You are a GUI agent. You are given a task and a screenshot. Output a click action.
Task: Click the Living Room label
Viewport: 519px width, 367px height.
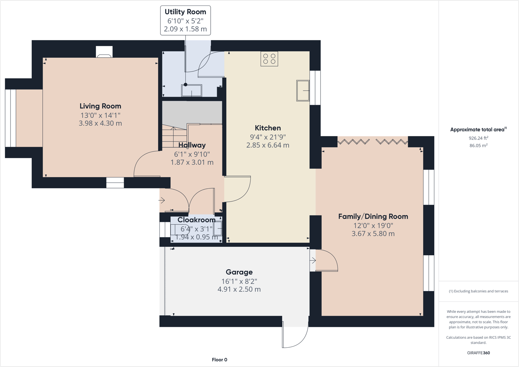pos(100,106)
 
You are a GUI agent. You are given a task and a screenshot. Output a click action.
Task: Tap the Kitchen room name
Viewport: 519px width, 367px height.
pos(268,128)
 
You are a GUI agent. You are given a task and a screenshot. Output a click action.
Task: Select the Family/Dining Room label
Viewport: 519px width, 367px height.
pos(373,217)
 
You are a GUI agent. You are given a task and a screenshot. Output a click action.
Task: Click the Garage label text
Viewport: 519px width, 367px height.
pos(239,272)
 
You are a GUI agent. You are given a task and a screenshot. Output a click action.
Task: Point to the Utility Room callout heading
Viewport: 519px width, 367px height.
pos(185,12)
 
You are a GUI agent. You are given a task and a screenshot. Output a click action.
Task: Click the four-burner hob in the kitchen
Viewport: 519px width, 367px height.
pos(269,59)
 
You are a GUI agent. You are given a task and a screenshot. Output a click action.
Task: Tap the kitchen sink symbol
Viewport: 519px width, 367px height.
pos(303,90)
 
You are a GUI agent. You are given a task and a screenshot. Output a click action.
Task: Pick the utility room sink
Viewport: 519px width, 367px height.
pos(191,90)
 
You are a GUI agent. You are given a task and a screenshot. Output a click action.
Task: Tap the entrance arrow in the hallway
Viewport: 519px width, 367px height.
pos(162,200)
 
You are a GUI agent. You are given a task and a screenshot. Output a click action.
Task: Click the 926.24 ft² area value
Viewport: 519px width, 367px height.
pos(478,138)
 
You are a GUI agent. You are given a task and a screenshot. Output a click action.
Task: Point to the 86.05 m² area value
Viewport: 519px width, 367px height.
pos(478,145)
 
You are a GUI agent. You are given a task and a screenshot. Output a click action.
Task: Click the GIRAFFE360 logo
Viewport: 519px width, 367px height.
pos(478,353)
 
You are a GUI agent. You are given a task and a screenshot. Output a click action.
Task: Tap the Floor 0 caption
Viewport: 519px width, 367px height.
pos(220,360)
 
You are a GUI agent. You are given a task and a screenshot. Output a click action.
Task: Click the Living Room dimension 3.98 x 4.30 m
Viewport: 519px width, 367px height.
pos(100,123)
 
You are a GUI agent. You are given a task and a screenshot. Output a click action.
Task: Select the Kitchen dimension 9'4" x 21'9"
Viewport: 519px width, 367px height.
pos(268,137)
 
